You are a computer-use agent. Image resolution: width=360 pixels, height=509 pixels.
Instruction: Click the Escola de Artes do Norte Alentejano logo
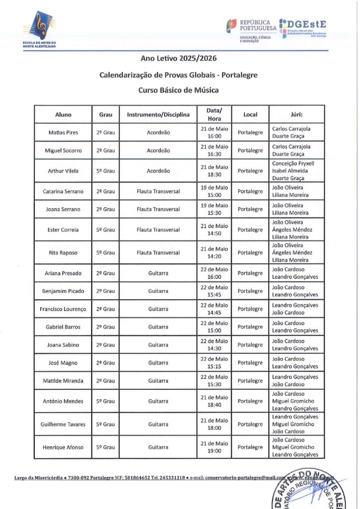click(39, 29)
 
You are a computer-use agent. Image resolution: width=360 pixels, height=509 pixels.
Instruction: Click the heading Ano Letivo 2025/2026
click(179, 58)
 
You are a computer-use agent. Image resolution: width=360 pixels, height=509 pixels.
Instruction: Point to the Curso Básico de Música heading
click(179, 90)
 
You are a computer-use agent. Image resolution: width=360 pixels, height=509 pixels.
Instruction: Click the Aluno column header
click(63, 115)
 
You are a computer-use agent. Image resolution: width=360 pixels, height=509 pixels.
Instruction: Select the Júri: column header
click(296, 115)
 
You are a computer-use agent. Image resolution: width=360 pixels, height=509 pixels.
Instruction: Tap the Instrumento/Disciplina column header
click(158, 115)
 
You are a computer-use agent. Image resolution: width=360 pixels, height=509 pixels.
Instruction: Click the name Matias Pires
click(63, 133)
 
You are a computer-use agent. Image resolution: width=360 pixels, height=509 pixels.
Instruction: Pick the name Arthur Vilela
click(63, 171)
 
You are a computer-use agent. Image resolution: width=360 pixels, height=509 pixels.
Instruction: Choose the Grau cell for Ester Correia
click(105, 230)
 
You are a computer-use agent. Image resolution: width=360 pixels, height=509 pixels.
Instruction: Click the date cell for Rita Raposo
click(214, 253)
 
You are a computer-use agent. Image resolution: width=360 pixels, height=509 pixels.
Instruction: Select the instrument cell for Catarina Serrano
click(158, 191)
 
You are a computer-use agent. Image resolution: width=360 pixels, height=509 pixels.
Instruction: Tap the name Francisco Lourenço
click(63, 309)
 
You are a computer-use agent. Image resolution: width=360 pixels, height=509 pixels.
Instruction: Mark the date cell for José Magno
click(214, 363)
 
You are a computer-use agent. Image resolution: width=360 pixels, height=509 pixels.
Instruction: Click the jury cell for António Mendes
click(296, 401)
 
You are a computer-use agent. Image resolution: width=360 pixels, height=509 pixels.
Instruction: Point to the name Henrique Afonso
click(63, 447)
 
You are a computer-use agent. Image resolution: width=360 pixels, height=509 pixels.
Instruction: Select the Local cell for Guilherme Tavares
click(250, 424)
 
